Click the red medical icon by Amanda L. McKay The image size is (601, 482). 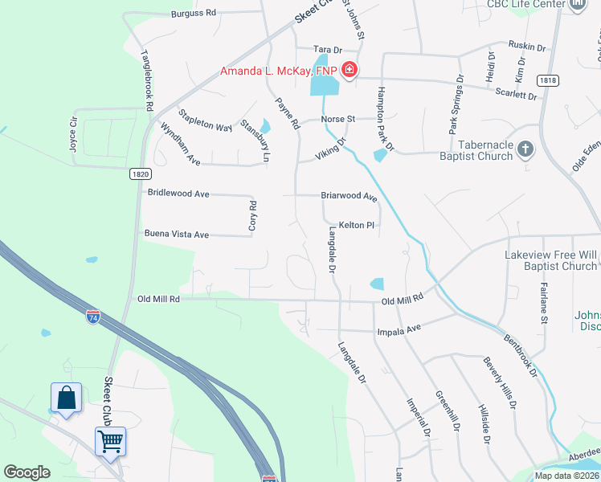(x=350, y=71)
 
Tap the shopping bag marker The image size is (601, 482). (x=66, y=397)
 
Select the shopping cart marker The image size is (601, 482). (x=110, y=439)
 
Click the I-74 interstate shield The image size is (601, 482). (x=93, y=316)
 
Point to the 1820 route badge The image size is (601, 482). (x=139, y=173)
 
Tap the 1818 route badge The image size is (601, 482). (x=549, y=80)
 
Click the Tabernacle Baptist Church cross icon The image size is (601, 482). (x=525, y=149)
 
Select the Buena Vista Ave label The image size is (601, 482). (x=176, y=235)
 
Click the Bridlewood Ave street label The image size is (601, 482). (x=178, y=194)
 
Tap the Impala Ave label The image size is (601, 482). (x=399, y=330)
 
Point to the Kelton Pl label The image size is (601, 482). (x=357, y=226)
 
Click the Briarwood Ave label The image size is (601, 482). (x=349, y=196)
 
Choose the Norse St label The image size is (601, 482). (x=338, y=119)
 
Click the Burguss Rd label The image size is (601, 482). (x=194, y=13)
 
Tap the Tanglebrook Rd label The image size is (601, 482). (x=146, y=80)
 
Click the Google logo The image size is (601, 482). (x=27, y=472)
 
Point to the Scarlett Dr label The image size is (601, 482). (x=517, y=94)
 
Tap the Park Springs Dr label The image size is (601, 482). (x=456, y=104)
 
